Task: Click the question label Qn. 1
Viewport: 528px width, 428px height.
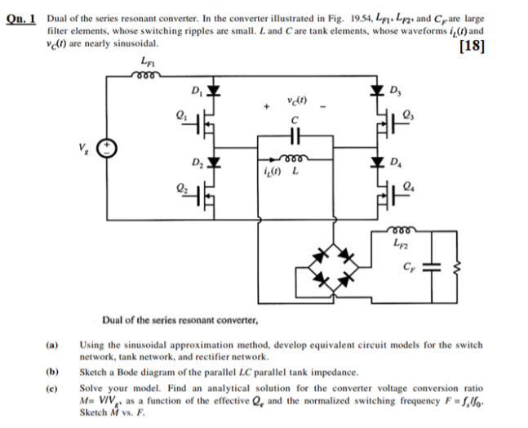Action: [x=22, y=17]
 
